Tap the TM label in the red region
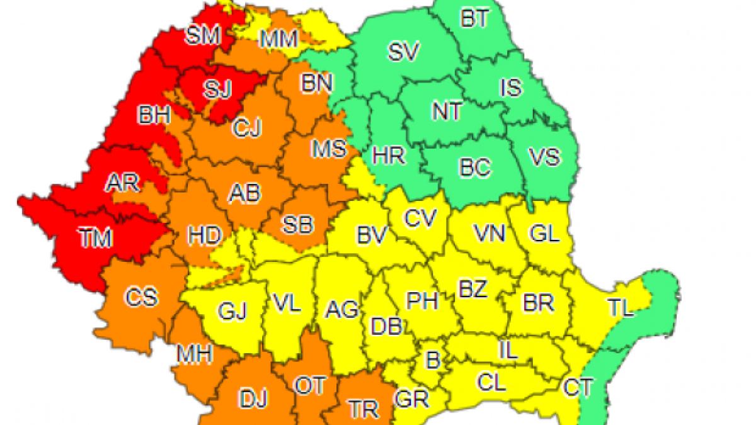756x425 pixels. [95, 238]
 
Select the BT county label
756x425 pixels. [474, 20]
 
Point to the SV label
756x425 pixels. [403, 53]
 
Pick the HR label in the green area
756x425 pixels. [388, 156]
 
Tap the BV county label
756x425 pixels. [371, 237]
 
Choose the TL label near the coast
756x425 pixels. [621, 308]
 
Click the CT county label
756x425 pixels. [578, 388]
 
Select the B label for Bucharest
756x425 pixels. [432, 361]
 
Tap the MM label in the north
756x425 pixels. [279, 40]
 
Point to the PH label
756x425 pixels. [421, 300]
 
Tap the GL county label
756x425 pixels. [544, 234]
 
